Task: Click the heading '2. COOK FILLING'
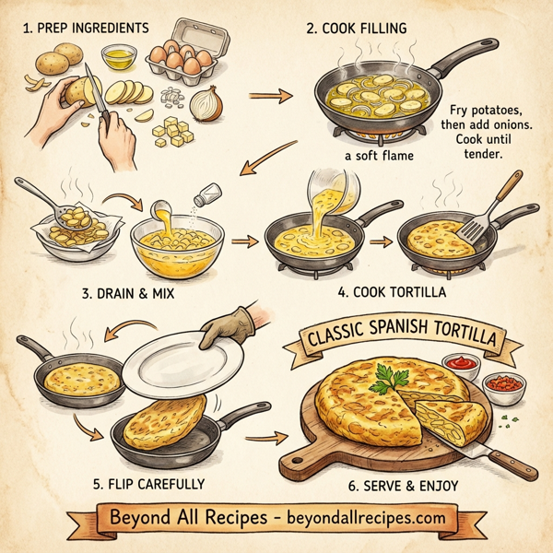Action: [x=356, y=29]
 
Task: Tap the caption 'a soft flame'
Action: [x=379, y=157]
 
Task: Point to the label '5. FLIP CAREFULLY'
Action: [x=150, y=483]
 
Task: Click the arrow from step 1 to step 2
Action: [x=274, y=94]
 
